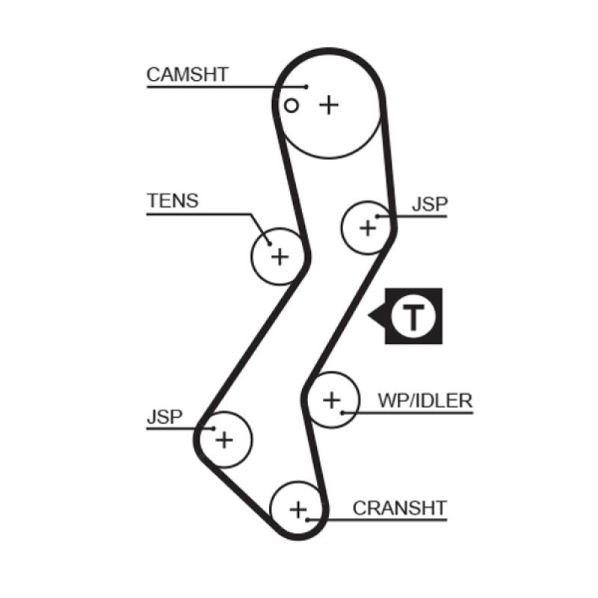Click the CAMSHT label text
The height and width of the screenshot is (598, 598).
(188, 74)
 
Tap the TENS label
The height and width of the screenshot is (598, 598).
(173, 200)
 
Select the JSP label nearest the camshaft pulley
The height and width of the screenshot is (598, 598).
(429, 205)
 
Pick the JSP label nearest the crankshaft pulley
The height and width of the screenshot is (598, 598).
(164, 416)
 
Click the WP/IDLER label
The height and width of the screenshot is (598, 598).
(425, 401)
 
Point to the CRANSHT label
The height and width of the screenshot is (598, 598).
(399, 508)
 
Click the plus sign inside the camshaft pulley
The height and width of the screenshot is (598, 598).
(328, 105)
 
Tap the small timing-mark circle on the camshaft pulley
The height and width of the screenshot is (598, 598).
(292, 105)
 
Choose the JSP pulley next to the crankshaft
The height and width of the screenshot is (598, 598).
(224, 440)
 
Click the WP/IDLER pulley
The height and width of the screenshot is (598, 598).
(331, 400)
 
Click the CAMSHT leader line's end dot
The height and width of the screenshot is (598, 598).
(306, 87)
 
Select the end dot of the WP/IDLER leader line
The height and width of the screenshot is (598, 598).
(342, 412)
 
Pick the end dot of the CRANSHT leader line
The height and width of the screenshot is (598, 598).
(308, 518)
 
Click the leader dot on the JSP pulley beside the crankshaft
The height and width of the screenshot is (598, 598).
(214, 428)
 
